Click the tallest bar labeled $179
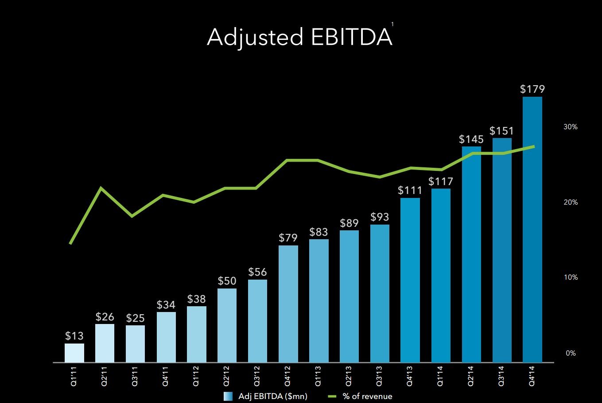[532, 229]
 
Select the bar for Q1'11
[74, 353]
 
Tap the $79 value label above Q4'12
[288, 238]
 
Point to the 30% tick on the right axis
[571, 127]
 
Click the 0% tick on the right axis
[571, 353]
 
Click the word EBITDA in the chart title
[351, 37]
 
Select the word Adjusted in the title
[255, 37]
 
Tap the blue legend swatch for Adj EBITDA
[228, 396]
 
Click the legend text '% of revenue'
[367, 396]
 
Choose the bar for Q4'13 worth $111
[410, 280]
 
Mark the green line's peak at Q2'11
[101, 188]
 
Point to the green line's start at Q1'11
[70, 243]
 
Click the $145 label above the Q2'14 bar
[471, 139]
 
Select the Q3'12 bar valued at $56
[257, 321]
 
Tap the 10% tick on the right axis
[571, 278]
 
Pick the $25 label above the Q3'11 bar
[135, 318]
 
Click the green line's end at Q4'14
[534, 146]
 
